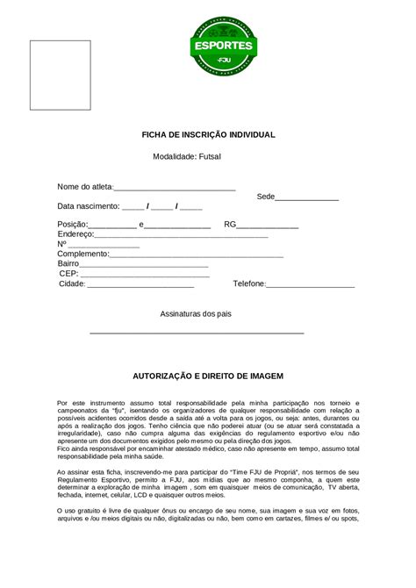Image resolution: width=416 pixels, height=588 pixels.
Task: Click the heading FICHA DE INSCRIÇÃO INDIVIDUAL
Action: pos(209,135)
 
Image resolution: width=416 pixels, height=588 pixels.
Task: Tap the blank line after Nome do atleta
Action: pos(175,189)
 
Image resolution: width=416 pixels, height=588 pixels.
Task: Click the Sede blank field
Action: pos(307,199)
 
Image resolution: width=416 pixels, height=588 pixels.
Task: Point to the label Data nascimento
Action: pos(88,206)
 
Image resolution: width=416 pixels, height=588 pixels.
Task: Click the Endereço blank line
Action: pos(181,237)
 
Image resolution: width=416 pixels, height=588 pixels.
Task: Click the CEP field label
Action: pos(68,274)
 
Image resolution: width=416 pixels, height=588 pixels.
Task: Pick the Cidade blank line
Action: pos(140,285)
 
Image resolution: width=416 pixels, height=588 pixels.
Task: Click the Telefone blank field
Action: pos(310,285)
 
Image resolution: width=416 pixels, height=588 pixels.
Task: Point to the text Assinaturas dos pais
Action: pos(196,313)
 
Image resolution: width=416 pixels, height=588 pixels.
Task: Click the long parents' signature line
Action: pos(197,333)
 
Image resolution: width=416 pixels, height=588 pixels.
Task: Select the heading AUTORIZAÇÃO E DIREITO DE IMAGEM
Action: pos(208,375)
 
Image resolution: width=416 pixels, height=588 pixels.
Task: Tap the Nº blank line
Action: pos(104,247)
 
